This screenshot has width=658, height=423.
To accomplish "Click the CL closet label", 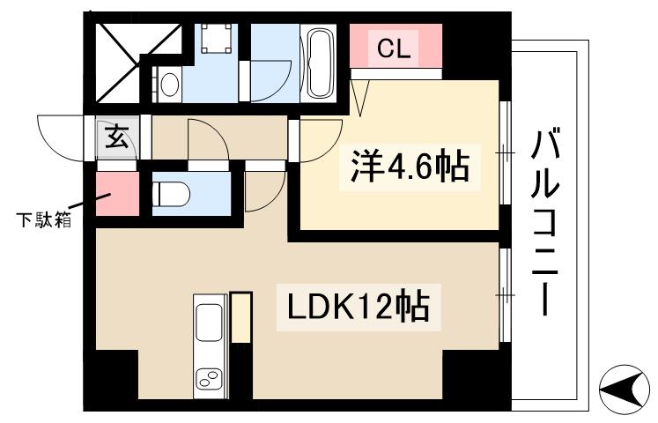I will [394, 50].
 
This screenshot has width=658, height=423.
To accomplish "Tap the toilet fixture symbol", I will [174, 192].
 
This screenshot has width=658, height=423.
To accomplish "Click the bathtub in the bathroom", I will [318, 63].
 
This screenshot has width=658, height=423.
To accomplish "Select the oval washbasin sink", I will [170, 85].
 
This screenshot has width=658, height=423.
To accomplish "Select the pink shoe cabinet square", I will [117, 194].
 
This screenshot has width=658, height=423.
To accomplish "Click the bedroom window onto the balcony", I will [505, 153].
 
